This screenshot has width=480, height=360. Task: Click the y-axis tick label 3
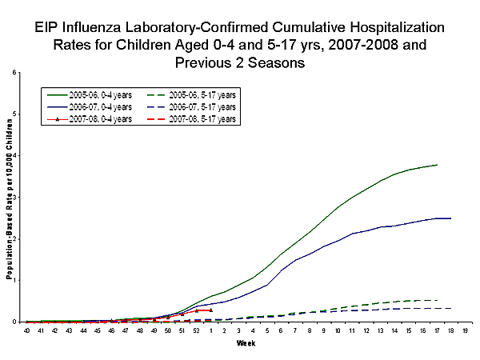coord(17,197)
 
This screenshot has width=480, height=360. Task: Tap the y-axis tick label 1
coord(17,280)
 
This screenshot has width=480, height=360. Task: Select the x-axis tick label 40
coord(27,330)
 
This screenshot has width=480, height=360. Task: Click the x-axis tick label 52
coord(196,330)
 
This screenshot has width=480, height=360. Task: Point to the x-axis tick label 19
coord(466,330)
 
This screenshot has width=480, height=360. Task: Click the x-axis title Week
coord(246,344)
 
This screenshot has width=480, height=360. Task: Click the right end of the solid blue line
coord(451,218)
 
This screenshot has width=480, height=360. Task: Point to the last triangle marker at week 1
coord(210,310)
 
